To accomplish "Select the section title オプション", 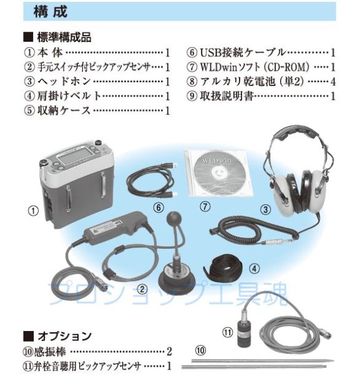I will (x=62, y=335).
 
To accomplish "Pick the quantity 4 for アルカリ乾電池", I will (x=334, y=82).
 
